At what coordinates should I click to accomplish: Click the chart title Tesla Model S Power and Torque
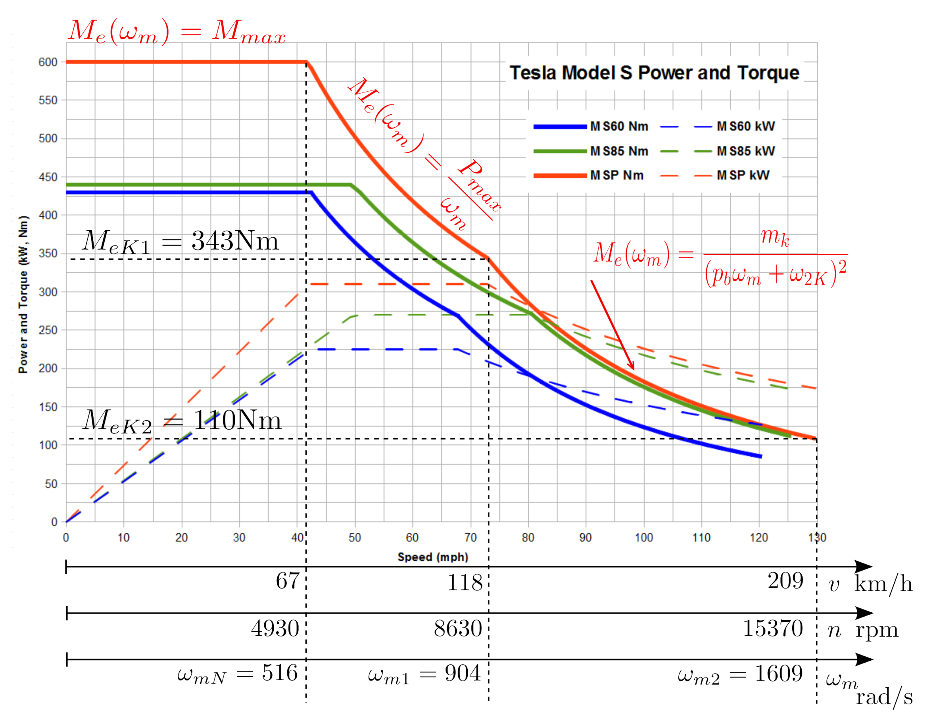click(x=654, y=73)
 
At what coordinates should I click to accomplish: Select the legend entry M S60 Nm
click(x=618, y=127)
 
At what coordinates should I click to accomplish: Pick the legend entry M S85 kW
click(x=745, y=151)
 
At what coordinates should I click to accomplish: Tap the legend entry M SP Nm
click(x=616, y=175)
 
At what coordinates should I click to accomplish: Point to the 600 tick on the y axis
click(x=48, y=62)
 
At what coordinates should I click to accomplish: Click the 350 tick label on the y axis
click(x=48, y=254)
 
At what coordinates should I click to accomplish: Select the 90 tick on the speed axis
click(x=585, y=538)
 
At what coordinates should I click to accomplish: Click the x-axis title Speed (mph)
click(x=432, y=557)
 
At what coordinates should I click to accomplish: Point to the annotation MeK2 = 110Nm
click(x=182, y=421)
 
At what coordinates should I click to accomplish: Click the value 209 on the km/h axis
click(x=785, y=581)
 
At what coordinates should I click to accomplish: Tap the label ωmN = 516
click(x=237, y=674)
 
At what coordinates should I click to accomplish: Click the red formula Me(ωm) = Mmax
click(x=177, y=32)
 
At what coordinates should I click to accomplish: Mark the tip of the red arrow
click(x=633, y=370)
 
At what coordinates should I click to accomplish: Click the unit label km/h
click(x=883, y=585)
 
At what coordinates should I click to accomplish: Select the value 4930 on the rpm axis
click(x=275, y=629)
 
